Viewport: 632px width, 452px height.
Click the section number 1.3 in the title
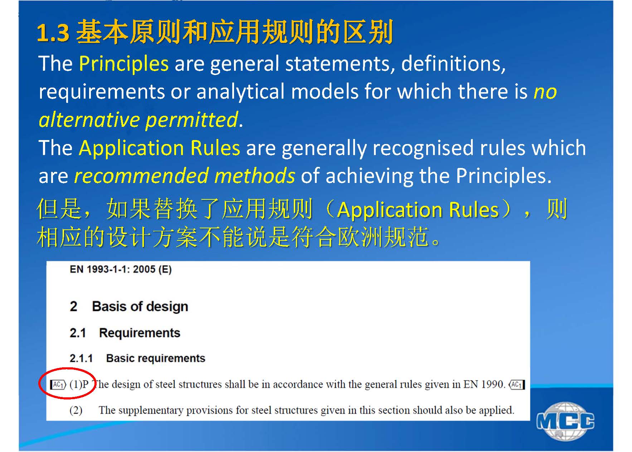(53, 33)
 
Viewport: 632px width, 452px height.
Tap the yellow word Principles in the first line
(123, 64)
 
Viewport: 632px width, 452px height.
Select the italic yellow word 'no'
(545, 92)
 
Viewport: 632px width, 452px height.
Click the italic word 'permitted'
(192, 120)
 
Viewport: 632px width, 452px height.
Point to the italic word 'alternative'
(89, 120)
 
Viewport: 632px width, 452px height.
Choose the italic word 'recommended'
(141, 176)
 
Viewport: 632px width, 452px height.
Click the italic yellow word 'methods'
(255, 176)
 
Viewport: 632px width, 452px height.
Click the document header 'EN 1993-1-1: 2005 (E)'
(121, 269)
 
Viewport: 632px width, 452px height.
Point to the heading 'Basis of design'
(140, 307)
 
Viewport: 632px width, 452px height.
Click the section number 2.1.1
(81, 358)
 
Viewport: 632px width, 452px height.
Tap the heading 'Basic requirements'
(156, 358)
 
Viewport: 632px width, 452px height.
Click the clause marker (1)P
(79, 384)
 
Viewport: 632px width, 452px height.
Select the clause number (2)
(76, 410)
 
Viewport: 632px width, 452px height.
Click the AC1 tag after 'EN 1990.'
(516, 385)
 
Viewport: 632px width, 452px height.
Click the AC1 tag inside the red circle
(58, 385)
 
